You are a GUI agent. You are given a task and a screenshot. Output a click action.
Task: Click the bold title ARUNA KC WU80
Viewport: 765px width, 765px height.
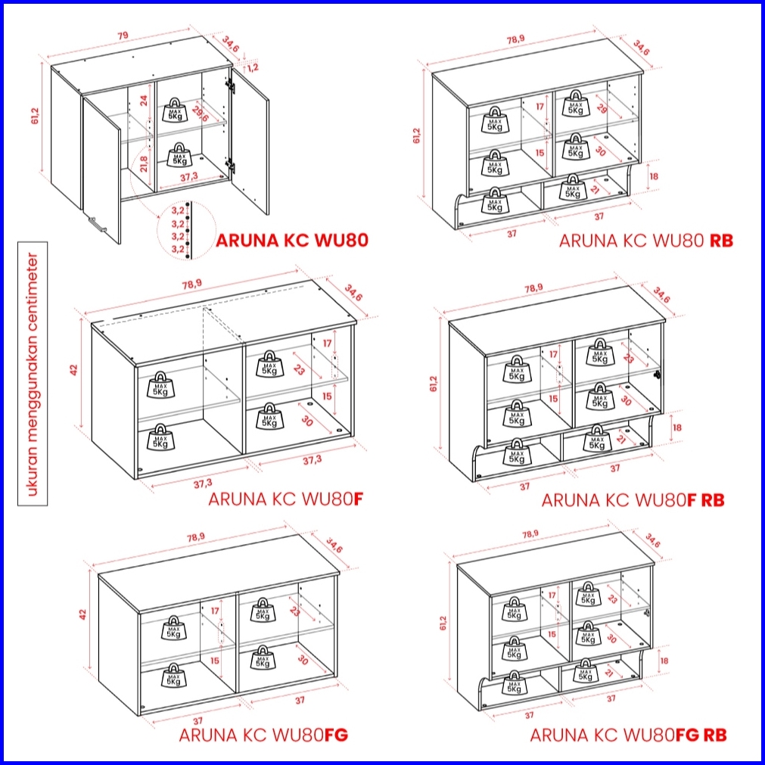click(x=292, y=240)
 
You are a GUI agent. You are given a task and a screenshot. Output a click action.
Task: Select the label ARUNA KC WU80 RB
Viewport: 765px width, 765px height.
click(x=645, y=240)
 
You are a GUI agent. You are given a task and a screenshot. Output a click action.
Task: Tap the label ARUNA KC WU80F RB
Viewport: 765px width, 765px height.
click(x=633, y=500)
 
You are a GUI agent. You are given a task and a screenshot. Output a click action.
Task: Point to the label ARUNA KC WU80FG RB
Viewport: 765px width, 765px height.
click(x=628, y=735)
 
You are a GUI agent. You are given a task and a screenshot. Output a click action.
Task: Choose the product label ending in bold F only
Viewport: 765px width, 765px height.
click(x=286, y=499)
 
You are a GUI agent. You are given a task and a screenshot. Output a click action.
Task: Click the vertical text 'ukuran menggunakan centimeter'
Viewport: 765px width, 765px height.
click(x=33, y=374)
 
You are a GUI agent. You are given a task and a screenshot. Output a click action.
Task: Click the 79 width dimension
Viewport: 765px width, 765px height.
click(x=123, y=35)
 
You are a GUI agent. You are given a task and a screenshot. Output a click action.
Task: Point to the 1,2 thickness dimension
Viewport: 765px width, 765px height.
click(x=253, y=67)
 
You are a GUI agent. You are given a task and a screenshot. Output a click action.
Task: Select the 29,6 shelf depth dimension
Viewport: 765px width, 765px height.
click(x=201, y=115)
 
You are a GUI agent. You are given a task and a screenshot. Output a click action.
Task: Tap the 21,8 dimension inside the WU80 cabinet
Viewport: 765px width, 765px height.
click(x=144, y=164)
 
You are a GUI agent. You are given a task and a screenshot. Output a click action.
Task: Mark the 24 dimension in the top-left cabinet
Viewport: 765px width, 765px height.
click(x=144, y=101)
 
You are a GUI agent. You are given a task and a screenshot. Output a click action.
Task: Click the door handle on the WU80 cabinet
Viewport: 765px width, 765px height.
click(x=98, y=225)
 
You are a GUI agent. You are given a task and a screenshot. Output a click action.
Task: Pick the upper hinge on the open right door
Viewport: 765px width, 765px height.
click(x=230, y=86)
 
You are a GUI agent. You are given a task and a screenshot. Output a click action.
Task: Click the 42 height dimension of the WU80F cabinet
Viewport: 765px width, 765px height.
click(x=73, y=370)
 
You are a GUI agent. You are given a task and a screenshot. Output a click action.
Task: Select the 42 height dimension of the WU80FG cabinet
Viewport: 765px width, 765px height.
click(x=82, y=614)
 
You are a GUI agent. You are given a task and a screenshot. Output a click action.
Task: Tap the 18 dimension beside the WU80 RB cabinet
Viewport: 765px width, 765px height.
click(x=654, y=176)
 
